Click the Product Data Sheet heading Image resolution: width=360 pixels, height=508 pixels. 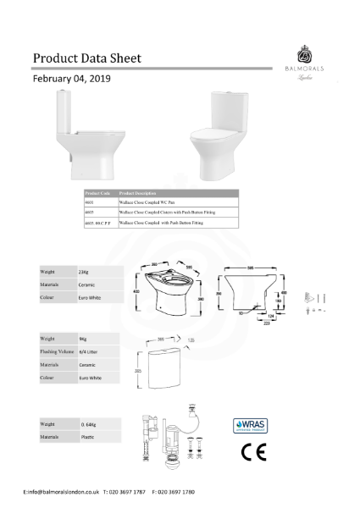coord(86,58)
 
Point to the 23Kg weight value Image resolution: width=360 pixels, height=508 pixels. coord(83,273)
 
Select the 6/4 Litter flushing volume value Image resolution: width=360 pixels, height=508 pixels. coord(88,351)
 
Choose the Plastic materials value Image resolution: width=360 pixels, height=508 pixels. coord(86,437)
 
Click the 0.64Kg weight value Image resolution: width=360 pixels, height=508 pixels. coord(88,422)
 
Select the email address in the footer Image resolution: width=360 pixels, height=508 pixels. coord(63,491)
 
